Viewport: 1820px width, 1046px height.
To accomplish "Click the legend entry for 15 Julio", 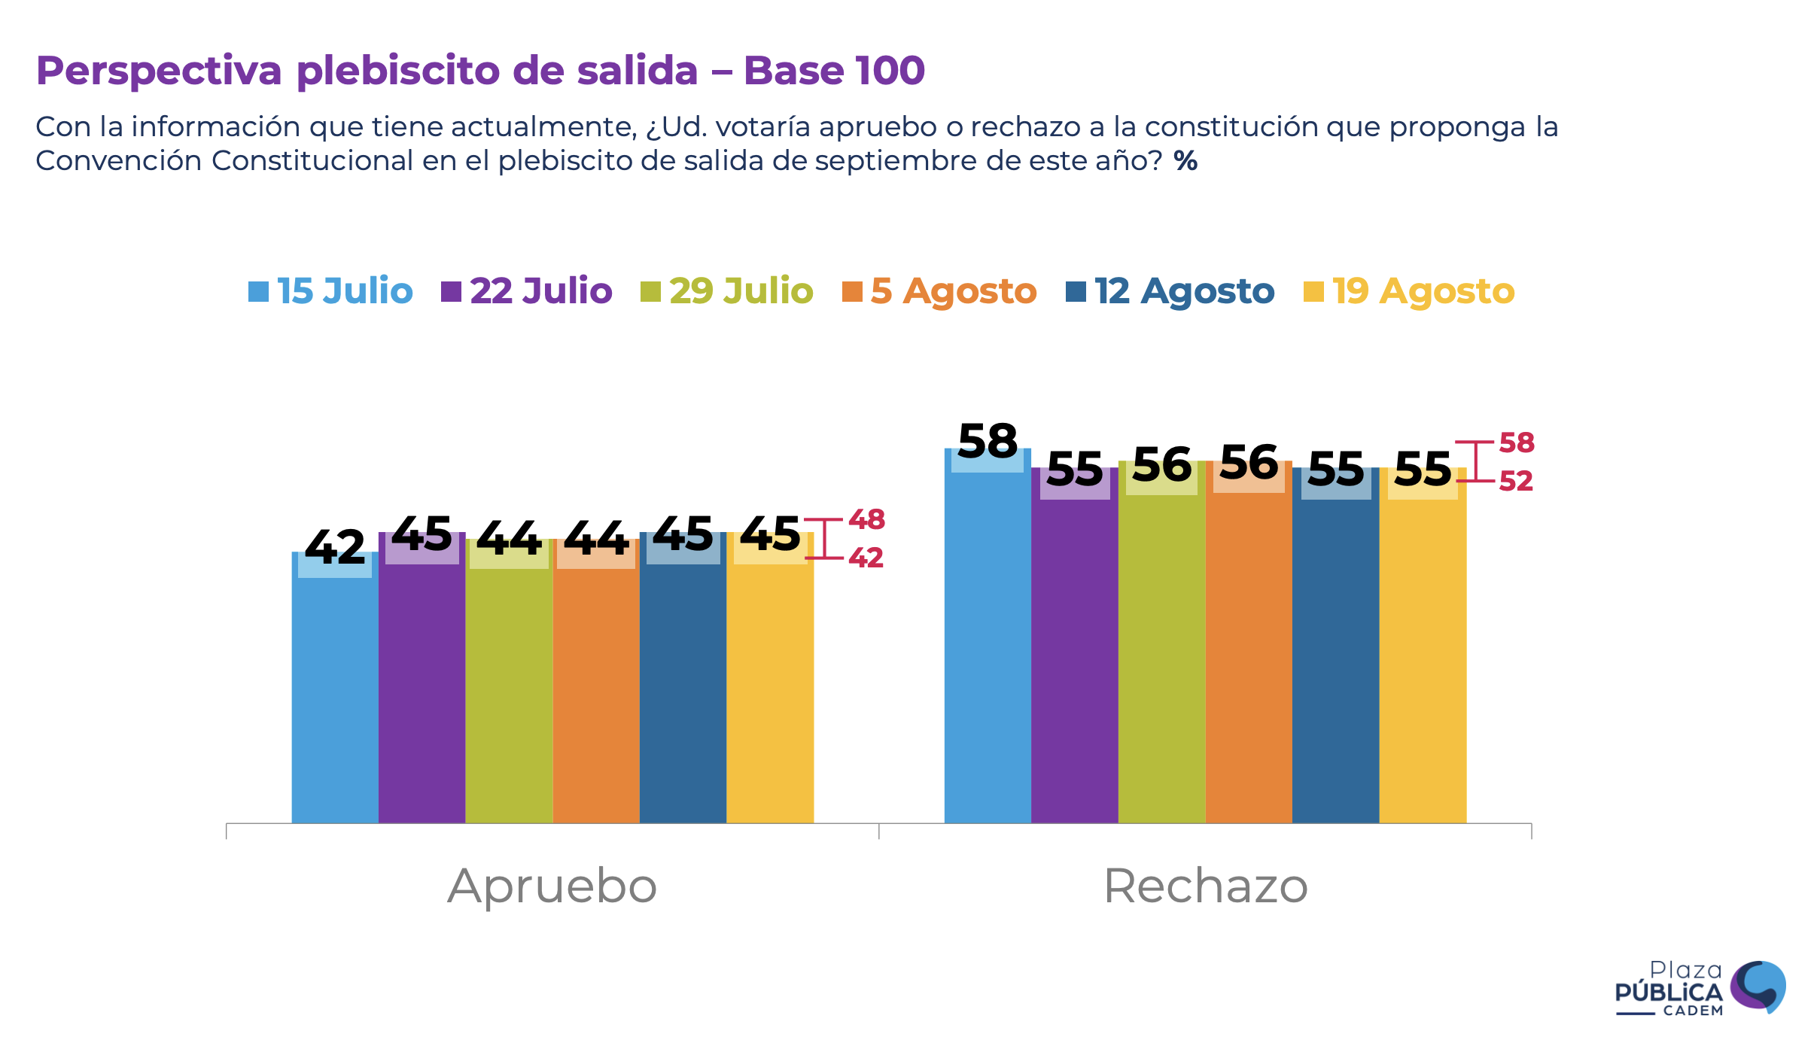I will click(331, 291).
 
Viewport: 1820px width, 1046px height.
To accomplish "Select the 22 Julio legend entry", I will click(527, 291).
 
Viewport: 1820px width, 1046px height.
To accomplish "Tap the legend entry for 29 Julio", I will click(727, 291).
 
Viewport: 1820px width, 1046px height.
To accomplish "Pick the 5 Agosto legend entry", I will click(940, 291).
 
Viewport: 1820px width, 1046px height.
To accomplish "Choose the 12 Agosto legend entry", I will click(1170, 291).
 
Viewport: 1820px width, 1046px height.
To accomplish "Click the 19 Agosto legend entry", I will click(1409, 291).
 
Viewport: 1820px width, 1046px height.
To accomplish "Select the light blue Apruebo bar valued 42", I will click(335, 692).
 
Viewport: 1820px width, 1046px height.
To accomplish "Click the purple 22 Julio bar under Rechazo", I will click(1074, 655).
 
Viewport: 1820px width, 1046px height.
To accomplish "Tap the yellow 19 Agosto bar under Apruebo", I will click(770, 685).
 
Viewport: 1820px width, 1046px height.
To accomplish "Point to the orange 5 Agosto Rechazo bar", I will click(1249, 655).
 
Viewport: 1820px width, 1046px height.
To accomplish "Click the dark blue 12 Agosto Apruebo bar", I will click(683, 685).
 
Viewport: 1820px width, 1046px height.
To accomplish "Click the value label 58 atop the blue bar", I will click(988, 441).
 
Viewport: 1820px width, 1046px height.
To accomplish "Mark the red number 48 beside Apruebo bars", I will click(866, 519).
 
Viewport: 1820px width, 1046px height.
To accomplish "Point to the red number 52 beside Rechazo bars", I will click(1516, 481).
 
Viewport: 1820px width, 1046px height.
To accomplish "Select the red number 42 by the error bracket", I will click(866, 558).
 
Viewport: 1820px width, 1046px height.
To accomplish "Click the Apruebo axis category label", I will click(552, 886).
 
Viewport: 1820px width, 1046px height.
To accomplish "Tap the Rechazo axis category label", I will click(1205, 886).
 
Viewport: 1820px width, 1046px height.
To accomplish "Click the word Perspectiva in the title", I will click(159, 71).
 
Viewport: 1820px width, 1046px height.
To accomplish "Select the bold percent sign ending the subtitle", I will click(1185, 160).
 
